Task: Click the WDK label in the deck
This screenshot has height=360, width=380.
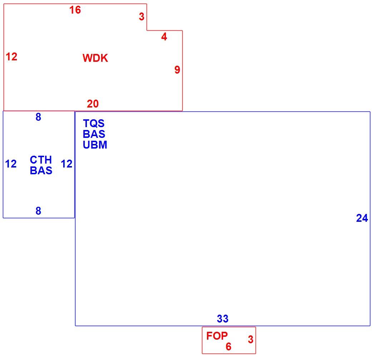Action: coord(95,58)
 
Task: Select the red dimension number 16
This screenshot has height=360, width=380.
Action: coord(75,10)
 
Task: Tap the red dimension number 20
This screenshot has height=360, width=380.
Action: coord(93,104)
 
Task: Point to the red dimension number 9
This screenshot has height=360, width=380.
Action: coord(177,70)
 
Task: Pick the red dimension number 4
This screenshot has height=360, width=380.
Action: coord(164,37)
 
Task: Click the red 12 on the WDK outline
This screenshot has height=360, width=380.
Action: coord(11,57)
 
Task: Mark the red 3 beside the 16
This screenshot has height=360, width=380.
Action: coord(142,17)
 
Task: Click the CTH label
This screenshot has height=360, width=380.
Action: coord(41,160)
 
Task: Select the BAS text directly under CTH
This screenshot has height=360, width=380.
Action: coord(41,171)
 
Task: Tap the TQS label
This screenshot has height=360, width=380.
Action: coord(94,124)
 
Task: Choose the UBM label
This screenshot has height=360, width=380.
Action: coord(95,145)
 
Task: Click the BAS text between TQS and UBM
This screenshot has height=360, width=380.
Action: coord(94,134)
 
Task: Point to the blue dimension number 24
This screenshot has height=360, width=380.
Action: coord(362,218)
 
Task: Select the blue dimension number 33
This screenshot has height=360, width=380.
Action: coord(223,319)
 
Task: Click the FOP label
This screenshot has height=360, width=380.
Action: coord(217,336)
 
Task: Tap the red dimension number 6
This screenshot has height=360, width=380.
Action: coord(228,347)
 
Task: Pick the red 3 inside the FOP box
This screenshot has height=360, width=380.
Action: coord(251,339)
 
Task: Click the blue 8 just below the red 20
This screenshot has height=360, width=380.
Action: coord(38,117)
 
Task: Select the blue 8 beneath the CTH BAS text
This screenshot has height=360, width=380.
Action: coord(38,211)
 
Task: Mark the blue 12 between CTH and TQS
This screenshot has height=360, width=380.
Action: coord(66,164)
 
